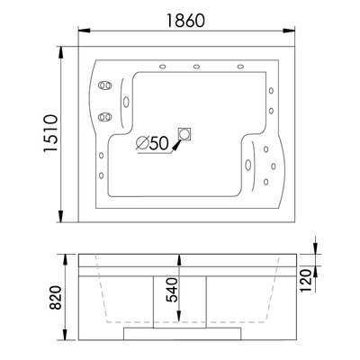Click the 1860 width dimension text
click(184, 17)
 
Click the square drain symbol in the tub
click(185, 133)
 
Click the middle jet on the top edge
click(196, 67)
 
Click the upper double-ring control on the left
click(104, 87)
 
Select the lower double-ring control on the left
click(104, 115)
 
